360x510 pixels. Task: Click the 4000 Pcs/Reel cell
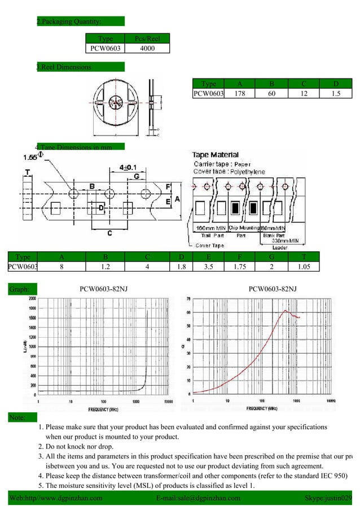click(148, 49)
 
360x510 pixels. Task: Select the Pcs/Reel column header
click(148, 38)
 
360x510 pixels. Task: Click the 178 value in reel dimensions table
click(239, 94)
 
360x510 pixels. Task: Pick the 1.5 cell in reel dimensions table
click(336, 94)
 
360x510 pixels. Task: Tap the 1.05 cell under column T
click(302, 267)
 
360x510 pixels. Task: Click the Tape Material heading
click(216, 155)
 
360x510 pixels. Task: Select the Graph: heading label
click(20, 290)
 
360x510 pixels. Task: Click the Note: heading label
click(17, 418)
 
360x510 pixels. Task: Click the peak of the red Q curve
click(286, 311)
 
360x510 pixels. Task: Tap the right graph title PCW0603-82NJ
click(273, 289)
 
